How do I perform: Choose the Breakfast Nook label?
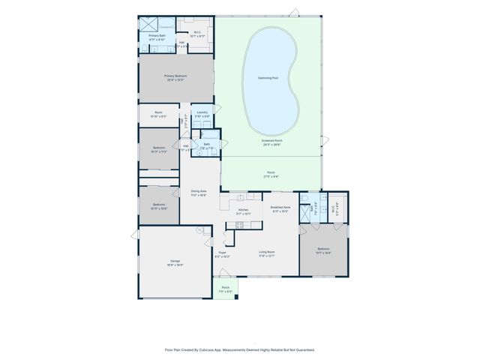pos(280,208)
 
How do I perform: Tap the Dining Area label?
pos(198,193)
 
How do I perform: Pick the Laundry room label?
pos(202,115)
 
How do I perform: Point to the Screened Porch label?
pos(271,142)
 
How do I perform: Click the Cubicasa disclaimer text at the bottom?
pos(240,349)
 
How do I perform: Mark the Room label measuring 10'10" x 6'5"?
pos(158,115)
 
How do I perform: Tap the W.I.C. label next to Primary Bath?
pos(197,34)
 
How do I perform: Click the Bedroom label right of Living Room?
pos(323,250)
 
